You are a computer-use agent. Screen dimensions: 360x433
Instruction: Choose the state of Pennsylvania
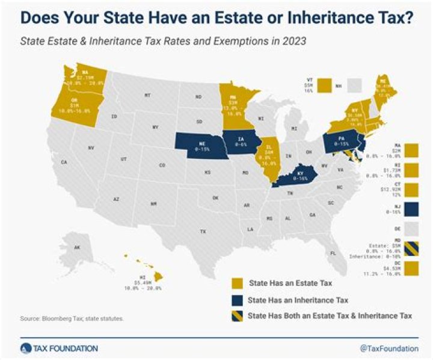340,144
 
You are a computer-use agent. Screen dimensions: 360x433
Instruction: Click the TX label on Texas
203,231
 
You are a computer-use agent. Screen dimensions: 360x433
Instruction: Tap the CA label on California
63,162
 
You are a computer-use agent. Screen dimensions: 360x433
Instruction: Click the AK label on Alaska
78,247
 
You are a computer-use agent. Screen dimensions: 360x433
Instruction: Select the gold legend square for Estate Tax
238,282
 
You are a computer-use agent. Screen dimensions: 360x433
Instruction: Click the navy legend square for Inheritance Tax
238,299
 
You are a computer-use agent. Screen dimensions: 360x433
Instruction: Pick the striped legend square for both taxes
238,315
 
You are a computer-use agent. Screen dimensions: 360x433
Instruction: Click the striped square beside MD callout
412,247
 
